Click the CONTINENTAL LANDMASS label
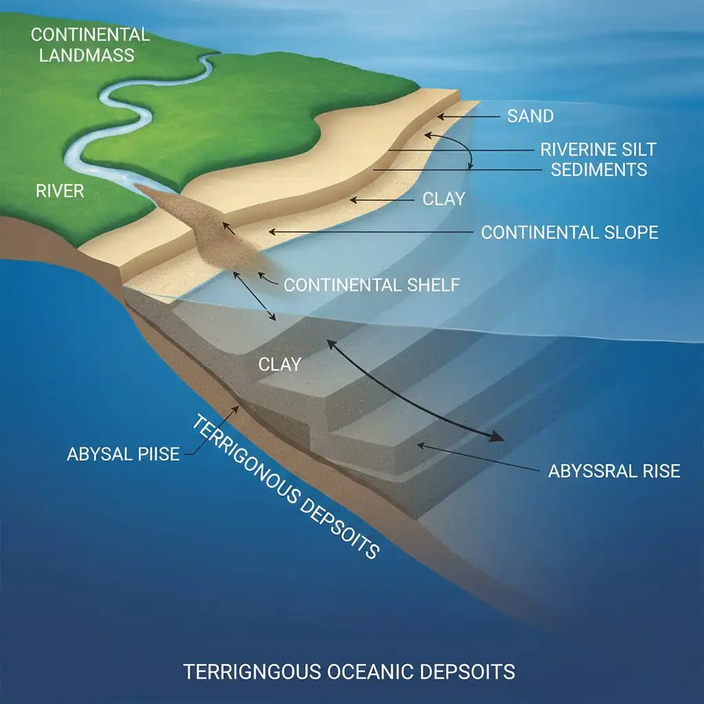[90, 44]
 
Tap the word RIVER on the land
[60, 190]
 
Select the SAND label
[530, 116]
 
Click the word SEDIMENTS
[599, 169]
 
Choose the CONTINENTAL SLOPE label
[569, 232]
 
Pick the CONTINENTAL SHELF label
[371, 285]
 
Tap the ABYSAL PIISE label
[123, 454]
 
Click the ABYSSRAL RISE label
[614, 471]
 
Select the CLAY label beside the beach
[443, 199]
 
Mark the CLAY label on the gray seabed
[279, 364]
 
